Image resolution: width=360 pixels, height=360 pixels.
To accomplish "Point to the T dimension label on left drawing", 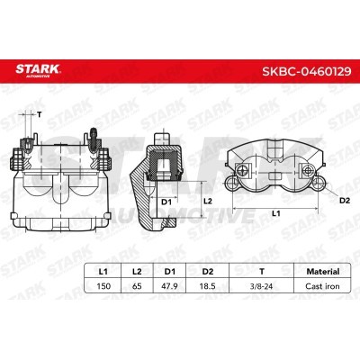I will click(40, 113).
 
